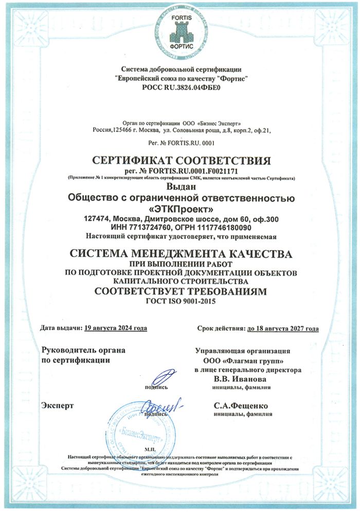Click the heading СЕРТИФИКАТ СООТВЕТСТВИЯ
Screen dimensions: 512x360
[x=180, y=159]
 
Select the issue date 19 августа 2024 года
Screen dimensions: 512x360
[x=116, y=328]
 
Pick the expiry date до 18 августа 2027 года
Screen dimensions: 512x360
[x=282, y=328]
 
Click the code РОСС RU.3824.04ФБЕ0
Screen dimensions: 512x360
[x=180, y=89]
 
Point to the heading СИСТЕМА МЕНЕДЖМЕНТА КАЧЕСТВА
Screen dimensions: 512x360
[x=180, y=254]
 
